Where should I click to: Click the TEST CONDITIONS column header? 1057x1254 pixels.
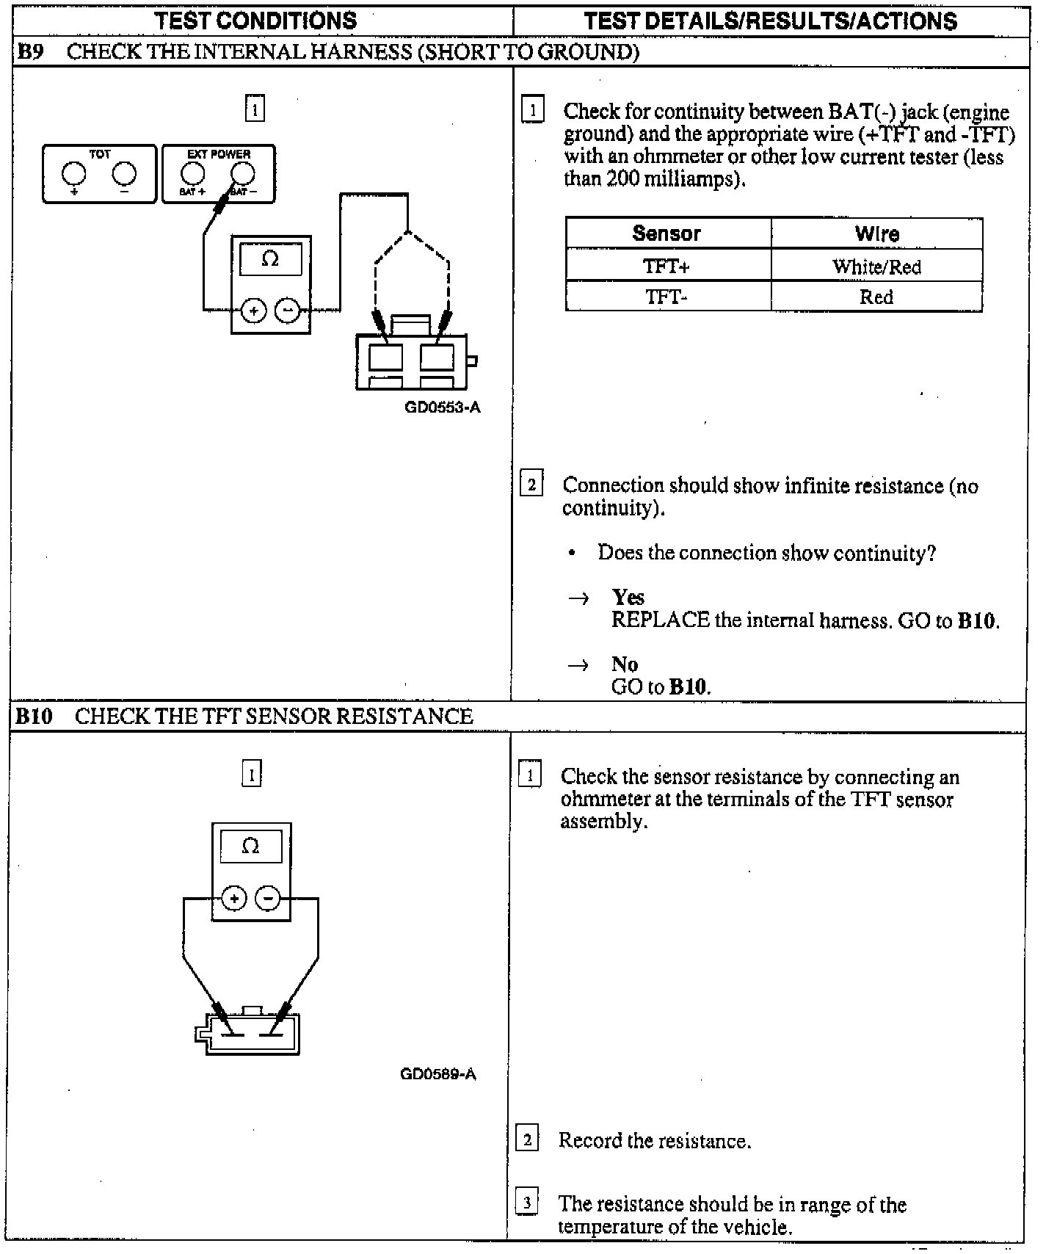(255, 21)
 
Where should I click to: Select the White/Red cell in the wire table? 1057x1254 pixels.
(876, 267)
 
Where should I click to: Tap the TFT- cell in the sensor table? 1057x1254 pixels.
(666, 297)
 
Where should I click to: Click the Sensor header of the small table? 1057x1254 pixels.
(666, 233)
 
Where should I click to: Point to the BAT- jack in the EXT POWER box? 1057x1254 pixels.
(243, 173)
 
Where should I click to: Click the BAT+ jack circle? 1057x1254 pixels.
(193, 173)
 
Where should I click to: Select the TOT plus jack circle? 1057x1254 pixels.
(73, 173)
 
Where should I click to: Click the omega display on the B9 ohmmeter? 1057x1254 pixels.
(270, 260)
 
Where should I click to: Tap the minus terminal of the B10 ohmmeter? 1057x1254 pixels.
(268, 899)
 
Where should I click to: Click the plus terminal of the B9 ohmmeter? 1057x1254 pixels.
(254, 311)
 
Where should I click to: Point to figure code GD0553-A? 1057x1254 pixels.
(443, 407)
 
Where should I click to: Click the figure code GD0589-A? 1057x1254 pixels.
(438, 1074)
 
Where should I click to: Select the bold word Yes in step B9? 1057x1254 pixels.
(628, 598)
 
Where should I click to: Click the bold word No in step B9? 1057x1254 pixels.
(625, 664)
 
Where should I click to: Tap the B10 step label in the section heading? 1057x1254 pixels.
(34, 717)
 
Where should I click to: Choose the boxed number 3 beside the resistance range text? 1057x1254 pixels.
(527, 1203)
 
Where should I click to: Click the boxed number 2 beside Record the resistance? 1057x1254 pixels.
(528, 1139)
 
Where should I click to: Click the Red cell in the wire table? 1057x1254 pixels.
(876, 297)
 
